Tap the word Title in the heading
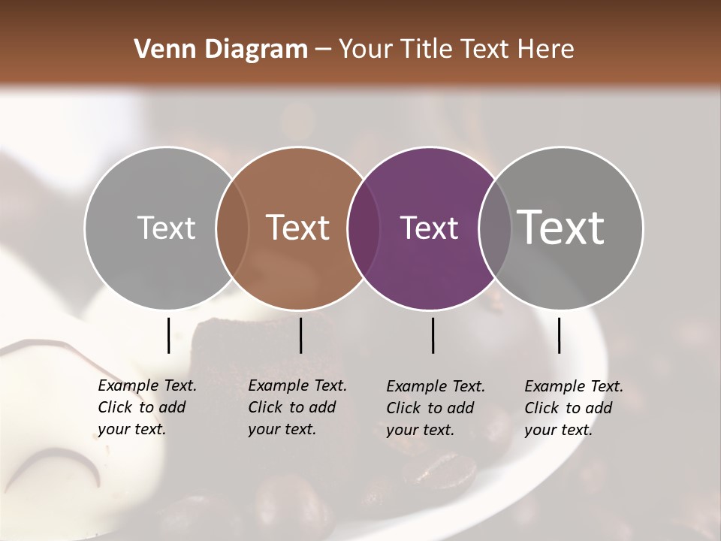425,50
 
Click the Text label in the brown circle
298,228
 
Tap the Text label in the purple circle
429,228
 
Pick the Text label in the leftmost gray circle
166,228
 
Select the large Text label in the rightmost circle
560,227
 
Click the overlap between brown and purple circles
363,228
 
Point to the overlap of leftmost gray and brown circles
232,228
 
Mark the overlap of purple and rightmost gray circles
494,228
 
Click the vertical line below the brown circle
300,335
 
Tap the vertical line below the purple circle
433,335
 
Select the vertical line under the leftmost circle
168,335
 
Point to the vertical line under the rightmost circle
560,335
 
